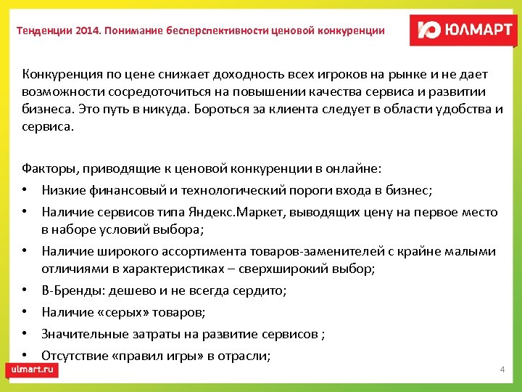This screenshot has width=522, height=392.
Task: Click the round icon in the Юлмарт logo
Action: (x=429, y=30)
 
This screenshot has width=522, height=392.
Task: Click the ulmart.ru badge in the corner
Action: (x=33, y=369)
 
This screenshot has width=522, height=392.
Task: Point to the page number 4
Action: (x=502, y=370)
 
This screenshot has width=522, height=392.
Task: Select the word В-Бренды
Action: (x=70, y=290)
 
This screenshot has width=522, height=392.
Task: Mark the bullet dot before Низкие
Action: (x=25, y=191)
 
